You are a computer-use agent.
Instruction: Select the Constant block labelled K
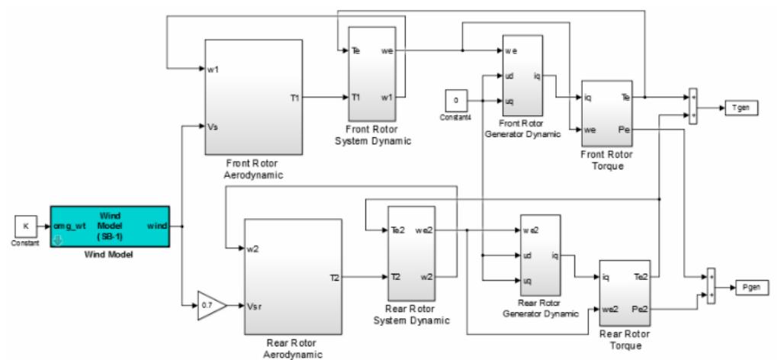tap(26, 227)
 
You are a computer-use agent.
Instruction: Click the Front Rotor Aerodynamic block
tap(253, 97)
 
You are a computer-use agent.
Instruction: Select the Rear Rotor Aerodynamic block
tap(293, 276)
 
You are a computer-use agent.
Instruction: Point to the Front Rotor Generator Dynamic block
tap(522, 76)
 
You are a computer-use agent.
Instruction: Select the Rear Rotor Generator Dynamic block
tap(540, 256)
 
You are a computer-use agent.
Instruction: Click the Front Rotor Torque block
tap(607, 114)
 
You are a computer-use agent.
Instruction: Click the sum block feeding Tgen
tap(693, 107)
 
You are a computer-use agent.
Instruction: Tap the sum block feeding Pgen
tap(711, 285)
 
